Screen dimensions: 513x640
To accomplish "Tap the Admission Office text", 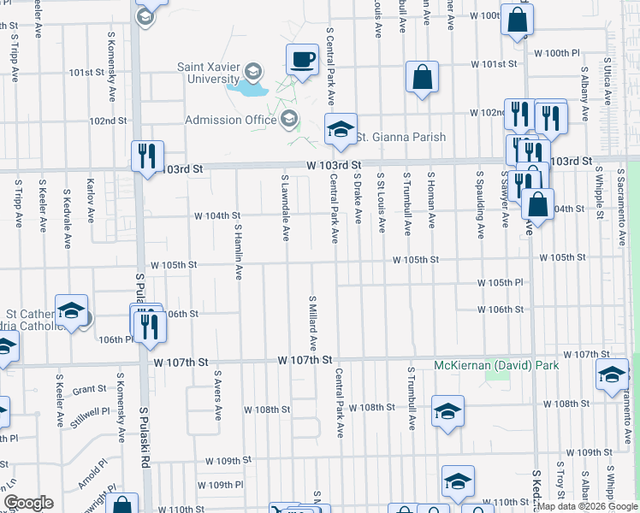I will click(x=230, y=120).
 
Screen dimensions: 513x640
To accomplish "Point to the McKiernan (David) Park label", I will click(x=496, y=365).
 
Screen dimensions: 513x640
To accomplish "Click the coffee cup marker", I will click(x=301, y=60).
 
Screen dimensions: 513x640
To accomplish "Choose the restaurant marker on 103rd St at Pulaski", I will click(x=147, y=156).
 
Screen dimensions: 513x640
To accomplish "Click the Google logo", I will click(x=27, y=503).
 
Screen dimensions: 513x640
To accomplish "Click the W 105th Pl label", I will click(x=500, y=282).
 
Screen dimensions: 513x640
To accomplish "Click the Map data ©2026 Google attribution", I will click(x=587, y=506).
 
